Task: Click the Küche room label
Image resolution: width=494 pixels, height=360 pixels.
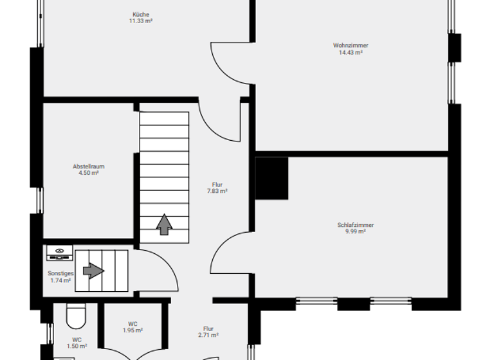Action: [x=142, y=14]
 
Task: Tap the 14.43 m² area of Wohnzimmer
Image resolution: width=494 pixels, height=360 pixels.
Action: [x=351, y=53]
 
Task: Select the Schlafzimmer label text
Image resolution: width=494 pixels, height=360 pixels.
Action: [x=355, y=225]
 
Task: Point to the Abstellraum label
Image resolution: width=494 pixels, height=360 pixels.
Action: [x=88, y=166]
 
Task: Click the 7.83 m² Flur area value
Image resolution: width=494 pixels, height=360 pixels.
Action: [x=217, y=191]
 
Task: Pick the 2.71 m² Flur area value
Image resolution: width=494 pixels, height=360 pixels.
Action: [x=208, y=335]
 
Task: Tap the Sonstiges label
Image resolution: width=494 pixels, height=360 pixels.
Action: [x=60, y=273]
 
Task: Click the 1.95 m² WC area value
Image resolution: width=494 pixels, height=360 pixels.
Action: [x=133, y=330]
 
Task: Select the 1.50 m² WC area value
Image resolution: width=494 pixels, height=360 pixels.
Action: [x=77, y=346]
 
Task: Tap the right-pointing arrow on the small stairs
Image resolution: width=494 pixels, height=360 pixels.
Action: [x=93, y=271]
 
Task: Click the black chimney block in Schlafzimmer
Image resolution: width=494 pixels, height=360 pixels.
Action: [x=271, y=178]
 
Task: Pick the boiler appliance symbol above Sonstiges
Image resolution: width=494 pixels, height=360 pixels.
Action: [x=59, y=253]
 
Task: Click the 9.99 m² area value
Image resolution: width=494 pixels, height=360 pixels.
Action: [x=355, y=231]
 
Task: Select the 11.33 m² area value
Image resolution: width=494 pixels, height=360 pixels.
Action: [x=142, y=21]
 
